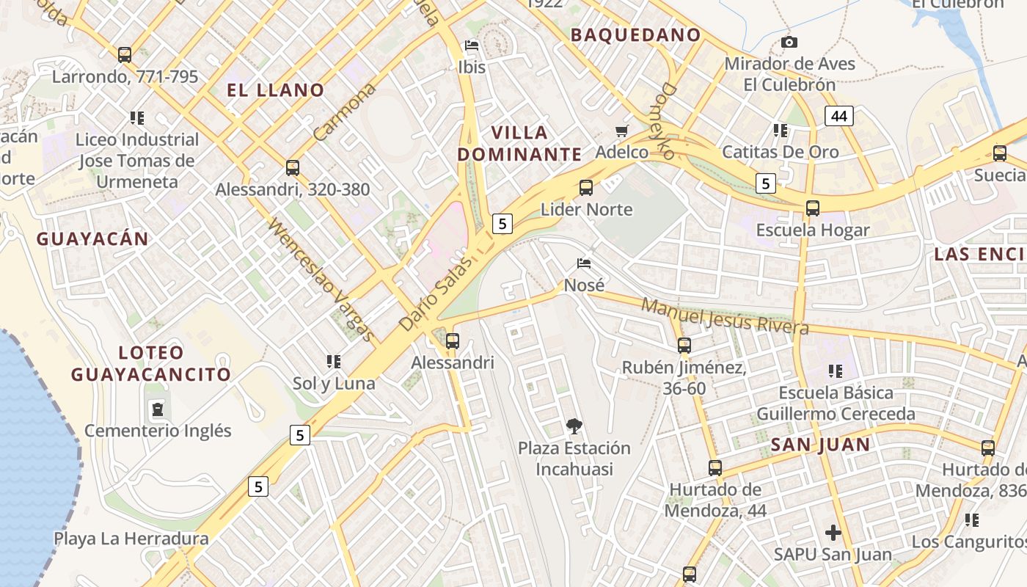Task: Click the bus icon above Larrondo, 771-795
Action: click(125, 54)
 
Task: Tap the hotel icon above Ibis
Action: click(472, 45)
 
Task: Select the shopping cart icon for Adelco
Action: click(622, 131)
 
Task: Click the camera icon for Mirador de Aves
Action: click(789, 43)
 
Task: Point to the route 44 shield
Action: click(839, 116)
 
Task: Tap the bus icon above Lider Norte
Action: click(585, 188)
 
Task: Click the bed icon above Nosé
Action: click(585, 263)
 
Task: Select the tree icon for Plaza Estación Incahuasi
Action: click(574, 426)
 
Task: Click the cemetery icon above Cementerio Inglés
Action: click(158, 409)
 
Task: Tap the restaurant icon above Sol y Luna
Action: click(334, 362)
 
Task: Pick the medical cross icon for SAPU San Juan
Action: click(833, 533)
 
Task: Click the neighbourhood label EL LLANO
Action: click(275, 90)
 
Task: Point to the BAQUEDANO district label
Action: click(635, 34)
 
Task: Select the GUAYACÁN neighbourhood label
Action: click(92, 238)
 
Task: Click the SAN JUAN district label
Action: click(820, 445)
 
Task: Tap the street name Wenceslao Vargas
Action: click(321, 280)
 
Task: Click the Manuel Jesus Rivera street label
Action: click(725, 316)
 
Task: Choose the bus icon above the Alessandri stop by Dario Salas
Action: click(453, 340)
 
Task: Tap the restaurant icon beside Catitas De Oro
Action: click(781, 131)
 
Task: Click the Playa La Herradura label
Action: click(131, 539)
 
